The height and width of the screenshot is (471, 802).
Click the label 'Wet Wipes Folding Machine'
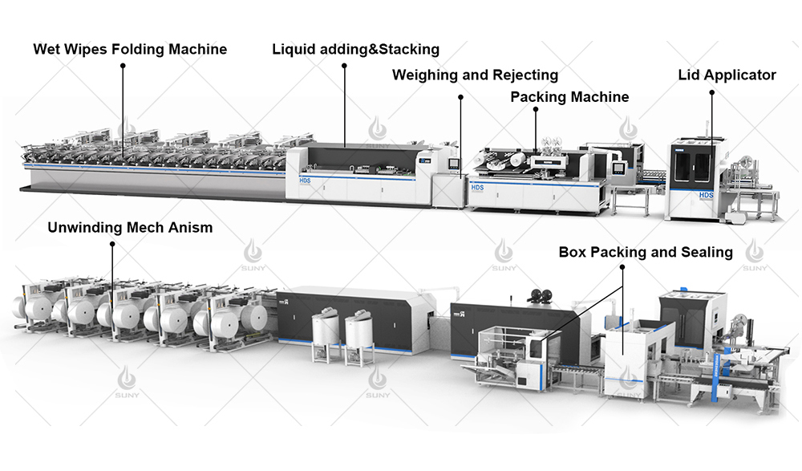(130, 50)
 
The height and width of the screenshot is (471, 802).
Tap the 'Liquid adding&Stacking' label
(355, 50)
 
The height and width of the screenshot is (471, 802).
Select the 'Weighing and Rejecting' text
(475, 75)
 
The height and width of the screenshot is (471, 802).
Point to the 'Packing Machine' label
(569, 97)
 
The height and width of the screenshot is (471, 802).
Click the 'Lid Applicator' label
(727, 75)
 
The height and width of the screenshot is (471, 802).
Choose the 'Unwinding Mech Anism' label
(130, 227)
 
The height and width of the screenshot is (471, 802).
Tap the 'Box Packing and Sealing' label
(646, 252)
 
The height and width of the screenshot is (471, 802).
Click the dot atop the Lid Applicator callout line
(711, 94)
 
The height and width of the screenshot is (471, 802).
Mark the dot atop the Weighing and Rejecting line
(461, 97)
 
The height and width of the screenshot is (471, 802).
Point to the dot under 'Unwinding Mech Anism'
(112, 246)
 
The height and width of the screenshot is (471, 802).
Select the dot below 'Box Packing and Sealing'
(623, 270)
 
